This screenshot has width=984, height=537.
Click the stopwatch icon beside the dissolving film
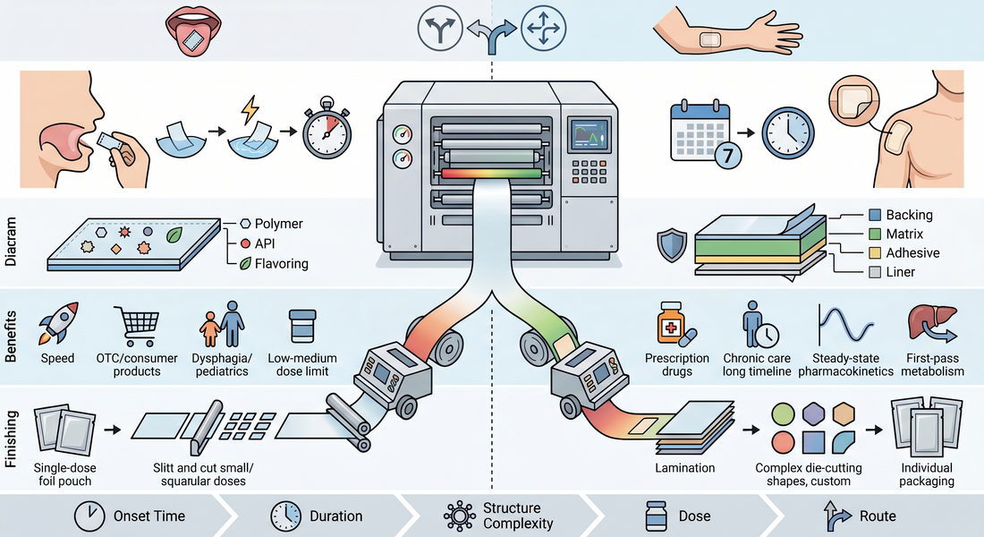point(327,129)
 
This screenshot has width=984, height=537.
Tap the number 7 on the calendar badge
point(728,155)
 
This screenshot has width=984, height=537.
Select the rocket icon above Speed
point(58,323)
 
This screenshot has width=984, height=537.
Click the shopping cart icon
point(137,326)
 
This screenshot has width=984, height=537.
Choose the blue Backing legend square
point(875,215)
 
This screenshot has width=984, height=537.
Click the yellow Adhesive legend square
point(875,253)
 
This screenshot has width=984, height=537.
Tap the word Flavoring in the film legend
point(281,264)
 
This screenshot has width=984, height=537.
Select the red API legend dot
point(245,243)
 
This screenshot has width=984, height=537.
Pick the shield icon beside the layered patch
point(672,245)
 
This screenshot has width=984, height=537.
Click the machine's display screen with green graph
point(590,136)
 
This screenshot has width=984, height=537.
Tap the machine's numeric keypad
point(589,171)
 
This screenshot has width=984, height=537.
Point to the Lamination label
point(684,468)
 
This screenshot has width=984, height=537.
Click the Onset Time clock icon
point(89,516)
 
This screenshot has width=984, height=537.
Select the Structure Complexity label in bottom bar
point(518,516)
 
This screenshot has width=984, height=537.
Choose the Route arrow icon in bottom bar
point(837,516)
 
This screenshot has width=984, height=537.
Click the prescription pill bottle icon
point(673,323)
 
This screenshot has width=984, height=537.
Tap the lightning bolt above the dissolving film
point(250,109)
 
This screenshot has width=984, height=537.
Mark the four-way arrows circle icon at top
point(544,28)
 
